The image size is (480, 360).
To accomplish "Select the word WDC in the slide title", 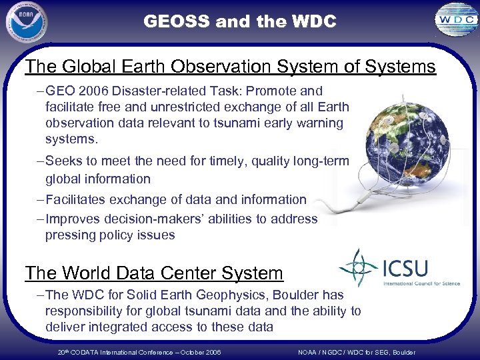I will (313, 22).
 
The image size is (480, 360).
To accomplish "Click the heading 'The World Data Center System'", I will (154, 273).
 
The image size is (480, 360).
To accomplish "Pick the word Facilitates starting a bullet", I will (76, 200).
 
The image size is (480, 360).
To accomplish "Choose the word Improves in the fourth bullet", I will (72, 219).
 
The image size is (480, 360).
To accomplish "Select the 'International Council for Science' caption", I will (421, 283).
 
